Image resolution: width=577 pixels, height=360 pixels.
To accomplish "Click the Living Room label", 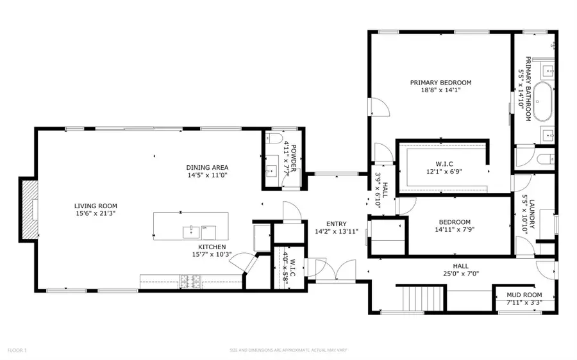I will (x=94, y=206).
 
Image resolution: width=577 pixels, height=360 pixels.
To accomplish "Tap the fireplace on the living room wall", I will (x=29, y=210).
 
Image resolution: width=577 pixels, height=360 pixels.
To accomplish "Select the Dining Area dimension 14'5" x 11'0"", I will (x=208, y=175).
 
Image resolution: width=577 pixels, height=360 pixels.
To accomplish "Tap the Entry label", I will (x=336, y=224).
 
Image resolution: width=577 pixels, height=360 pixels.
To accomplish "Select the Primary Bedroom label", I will (x=441, y=82).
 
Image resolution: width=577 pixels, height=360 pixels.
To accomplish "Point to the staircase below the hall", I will (x=421, y=298).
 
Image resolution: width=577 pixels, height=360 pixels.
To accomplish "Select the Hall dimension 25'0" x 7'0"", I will (x=460, y=274).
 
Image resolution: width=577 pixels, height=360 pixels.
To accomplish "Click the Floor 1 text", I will (x=17, y=350).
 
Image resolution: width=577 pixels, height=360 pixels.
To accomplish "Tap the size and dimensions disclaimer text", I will (x=288, y=350).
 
